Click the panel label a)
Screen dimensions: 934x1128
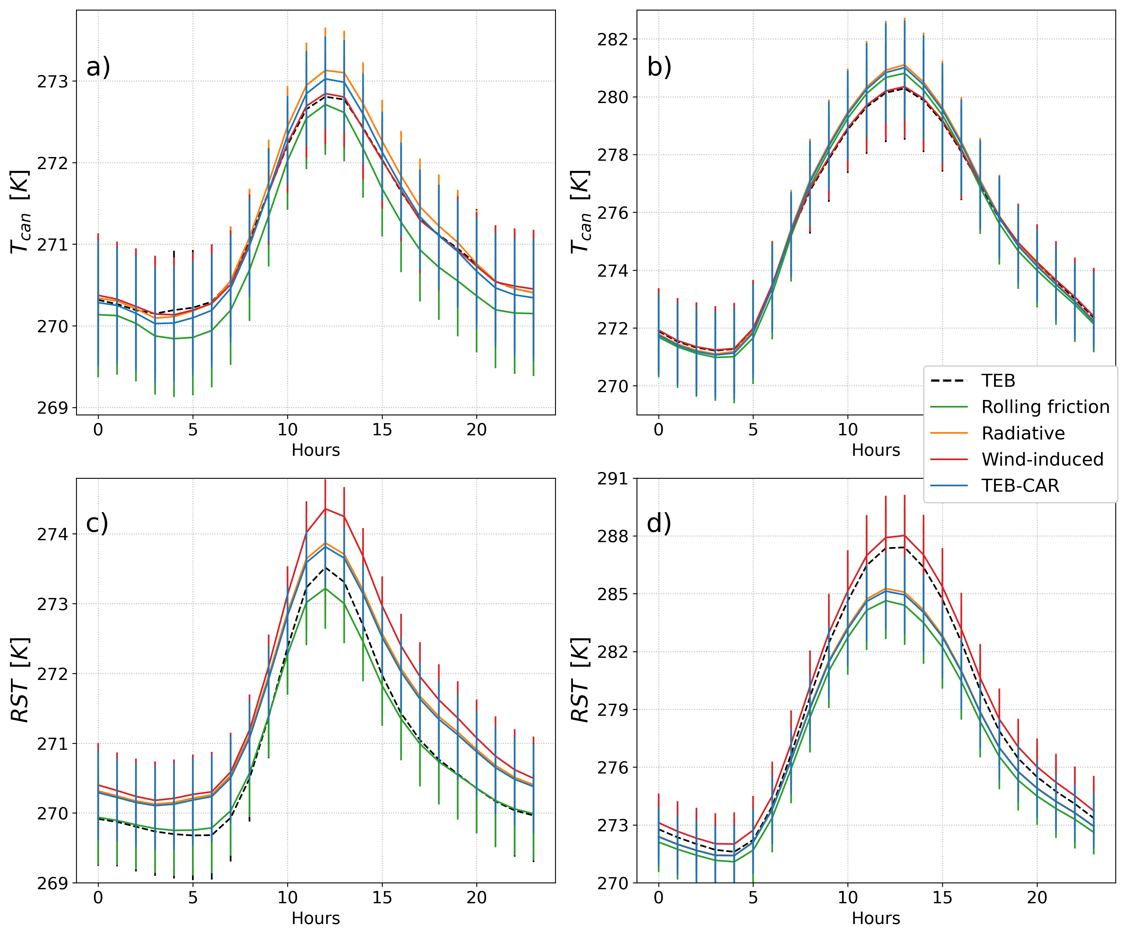[98, 68]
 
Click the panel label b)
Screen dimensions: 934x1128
[659, 68]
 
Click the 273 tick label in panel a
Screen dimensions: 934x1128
[53, 82]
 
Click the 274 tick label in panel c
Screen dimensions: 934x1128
[53, 534]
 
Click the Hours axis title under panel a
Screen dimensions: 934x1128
[316, 450]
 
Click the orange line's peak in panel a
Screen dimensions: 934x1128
[325, 70]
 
